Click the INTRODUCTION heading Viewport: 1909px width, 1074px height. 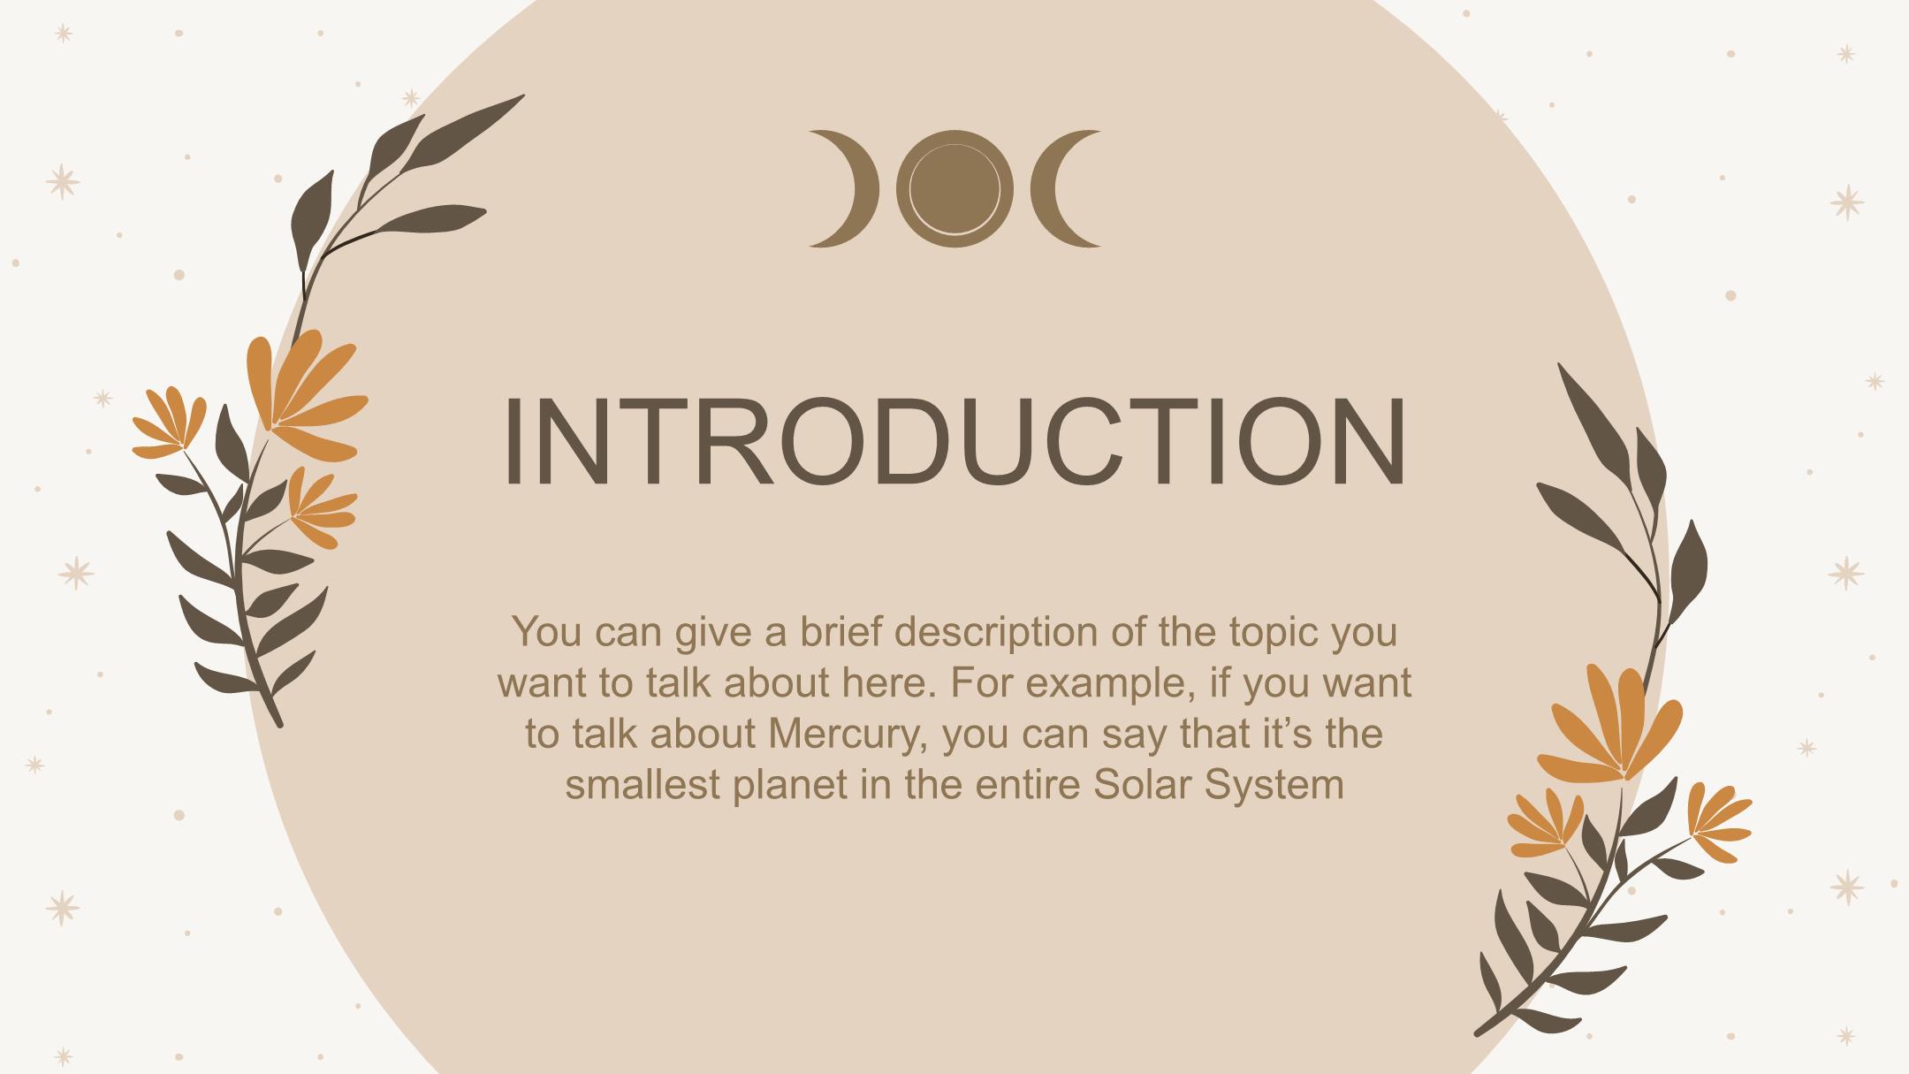pos(954,442)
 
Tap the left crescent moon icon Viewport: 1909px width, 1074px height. pos(862,188)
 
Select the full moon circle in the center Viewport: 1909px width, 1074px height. pos(954,188)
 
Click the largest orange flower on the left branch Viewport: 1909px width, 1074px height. pos(305,398)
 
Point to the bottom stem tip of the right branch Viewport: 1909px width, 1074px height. pos(1479,1032)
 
